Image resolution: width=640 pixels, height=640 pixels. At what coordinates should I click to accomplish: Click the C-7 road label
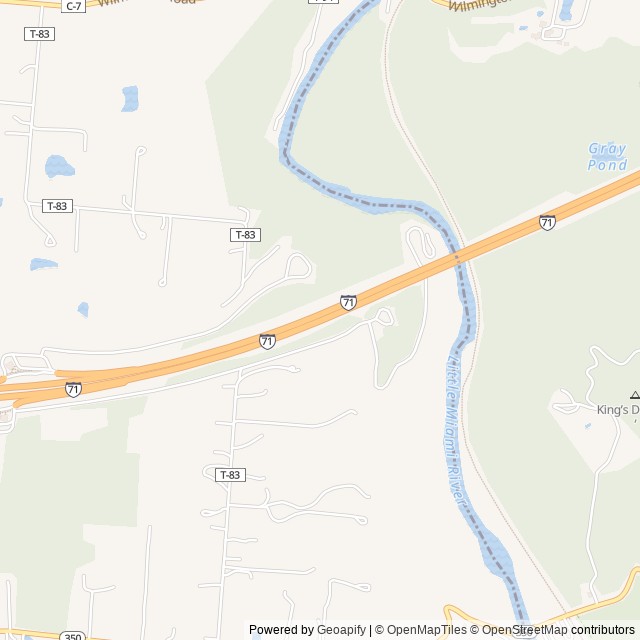73,6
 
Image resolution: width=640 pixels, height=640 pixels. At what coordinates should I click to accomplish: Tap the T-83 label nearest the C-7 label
40,34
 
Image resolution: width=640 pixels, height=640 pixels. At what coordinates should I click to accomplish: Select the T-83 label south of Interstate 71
230,475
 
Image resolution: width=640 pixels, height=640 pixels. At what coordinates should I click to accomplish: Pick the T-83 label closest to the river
245,235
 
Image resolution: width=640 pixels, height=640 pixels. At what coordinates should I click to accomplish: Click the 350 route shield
72,636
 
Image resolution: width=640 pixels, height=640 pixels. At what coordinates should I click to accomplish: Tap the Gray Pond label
607,156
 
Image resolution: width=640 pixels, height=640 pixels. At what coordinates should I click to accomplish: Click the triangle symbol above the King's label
634,396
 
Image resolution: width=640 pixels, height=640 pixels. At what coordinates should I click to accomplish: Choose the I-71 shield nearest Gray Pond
547,222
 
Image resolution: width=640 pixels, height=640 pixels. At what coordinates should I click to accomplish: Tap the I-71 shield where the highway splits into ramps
73,389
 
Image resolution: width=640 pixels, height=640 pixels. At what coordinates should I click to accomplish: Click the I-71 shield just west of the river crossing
348,302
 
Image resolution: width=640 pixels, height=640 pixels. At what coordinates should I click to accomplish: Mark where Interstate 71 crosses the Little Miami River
458,257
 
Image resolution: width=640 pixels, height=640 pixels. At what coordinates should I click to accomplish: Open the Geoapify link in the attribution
342,630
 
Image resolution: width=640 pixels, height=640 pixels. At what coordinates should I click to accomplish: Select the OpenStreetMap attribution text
524,630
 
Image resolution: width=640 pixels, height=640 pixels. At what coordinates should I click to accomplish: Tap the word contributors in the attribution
603,630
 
